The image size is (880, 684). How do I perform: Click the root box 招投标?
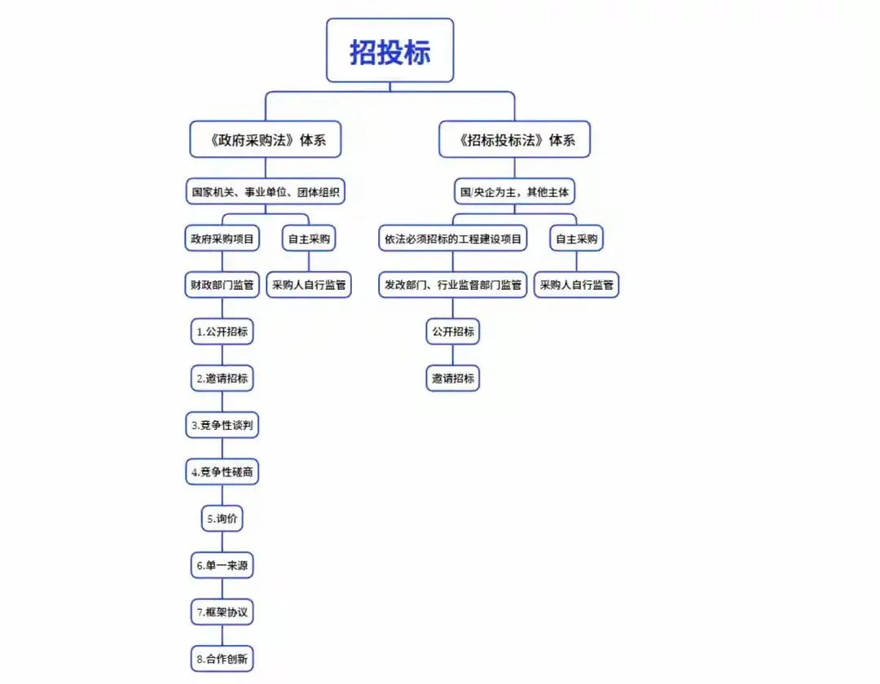(389, 50)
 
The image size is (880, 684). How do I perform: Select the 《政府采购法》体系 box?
(265, 139)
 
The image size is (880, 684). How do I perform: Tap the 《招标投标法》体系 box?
(514, 139)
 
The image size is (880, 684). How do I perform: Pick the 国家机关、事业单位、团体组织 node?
(265, 193)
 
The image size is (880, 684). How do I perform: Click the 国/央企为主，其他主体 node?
(514, 193)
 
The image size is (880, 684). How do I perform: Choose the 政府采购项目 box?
(222, 239)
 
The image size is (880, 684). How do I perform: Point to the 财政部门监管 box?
(222, 285)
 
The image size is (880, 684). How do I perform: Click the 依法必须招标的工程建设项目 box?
(453, 239)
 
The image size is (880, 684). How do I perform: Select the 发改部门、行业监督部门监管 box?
(453, 285)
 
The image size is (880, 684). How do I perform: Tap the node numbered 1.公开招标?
(222, 331)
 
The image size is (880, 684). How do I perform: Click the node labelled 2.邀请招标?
(222, 378)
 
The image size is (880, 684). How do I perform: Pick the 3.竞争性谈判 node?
(222, 424)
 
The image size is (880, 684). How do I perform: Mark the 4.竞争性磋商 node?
(222, 471)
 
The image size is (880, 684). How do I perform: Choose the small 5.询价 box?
(222, 518)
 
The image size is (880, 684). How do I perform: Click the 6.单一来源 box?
(222, 564)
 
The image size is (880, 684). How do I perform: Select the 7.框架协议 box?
(222, 611)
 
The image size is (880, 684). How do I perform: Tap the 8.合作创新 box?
(222, 658)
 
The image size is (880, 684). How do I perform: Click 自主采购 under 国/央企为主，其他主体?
(576, 239)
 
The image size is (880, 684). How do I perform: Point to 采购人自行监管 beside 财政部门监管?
(309, 285)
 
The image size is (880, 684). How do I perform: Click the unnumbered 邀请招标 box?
(453, 378)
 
